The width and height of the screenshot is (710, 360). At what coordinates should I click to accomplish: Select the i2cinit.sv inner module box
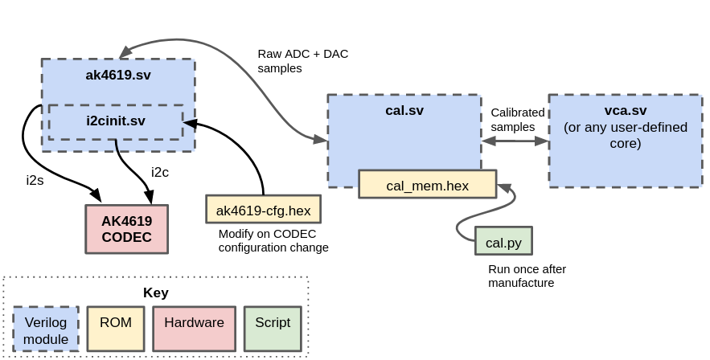[x=116, y=121]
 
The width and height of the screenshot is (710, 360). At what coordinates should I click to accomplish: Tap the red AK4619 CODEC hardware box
[x=126, y=228]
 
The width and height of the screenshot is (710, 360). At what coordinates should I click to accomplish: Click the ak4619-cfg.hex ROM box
[x=263, y=209]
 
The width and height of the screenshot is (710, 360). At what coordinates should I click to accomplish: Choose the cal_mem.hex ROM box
[x=427, y=185]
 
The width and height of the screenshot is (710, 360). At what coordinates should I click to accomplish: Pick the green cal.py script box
[x=503, y=241]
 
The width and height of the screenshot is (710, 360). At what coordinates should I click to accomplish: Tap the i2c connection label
[x=160, y=171]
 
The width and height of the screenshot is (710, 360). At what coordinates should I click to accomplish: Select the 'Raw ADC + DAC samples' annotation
[x=302, y=61]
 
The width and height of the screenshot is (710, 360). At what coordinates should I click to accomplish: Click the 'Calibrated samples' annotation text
[x=517, y=120]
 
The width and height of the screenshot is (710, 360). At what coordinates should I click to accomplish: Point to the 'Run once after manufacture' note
[x=526, y=276]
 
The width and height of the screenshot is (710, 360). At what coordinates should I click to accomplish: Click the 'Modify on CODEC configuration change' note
[x=273, y=240]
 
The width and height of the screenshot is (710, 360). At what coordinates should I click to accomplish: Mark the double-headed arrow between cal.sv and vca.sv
[x=515, y=141]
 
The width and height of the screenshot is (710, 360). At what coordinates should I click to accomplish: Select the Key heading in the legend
[x=155, y=292]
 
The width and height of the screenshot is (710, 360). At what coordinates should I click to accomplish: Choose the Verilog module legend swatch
[x=46, y=330]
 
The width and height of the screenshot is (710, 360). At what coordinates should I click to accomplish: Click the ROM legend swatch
[x=115, y=329]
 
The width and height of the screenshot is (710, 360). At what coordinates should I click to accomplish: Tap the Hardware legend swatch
[x=194, y=329]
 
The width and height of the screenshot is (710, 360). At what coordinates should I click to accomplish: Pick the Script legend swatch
[x=273, y=329]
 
